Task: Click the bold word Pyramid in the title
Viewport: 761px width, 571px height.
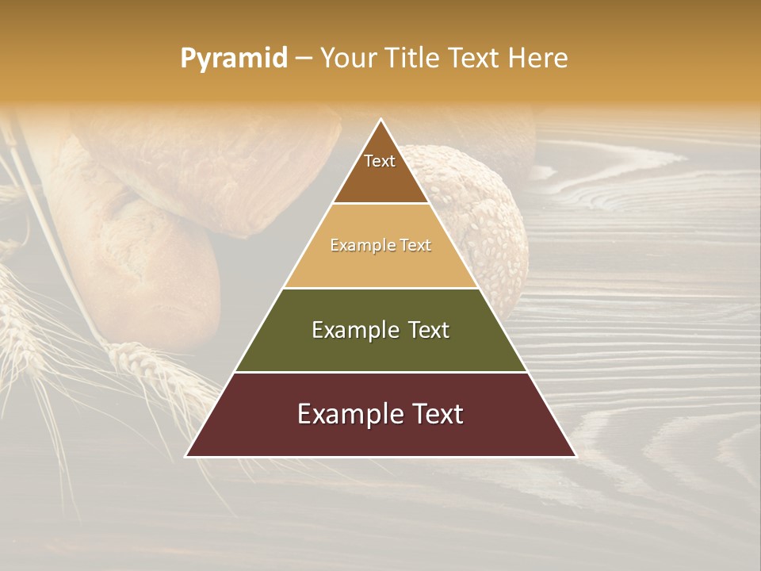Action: point(234,59)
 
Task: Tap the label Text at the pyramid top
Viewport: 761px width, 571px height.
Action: point(380,161)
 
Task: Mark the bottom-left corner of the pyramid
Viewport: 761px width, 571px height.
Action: point(186,456)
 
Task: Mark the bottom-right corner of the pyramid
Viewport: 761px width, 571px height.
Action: point(576,456)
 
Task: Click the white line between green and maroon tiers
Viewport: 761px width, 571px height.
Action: point(380,372)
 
